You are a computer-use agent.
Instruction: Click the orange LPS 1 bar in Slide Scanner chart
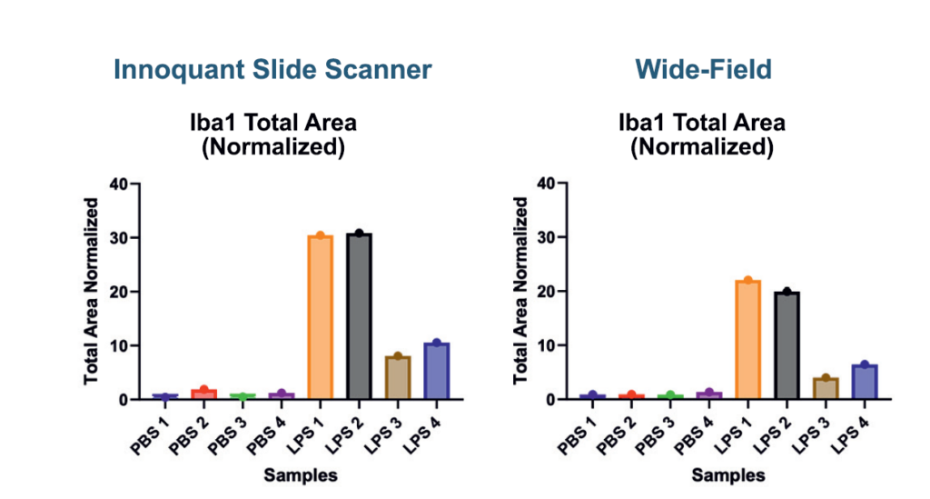321,317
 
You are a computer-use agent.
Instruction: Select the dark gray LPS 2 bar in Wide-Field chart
787,345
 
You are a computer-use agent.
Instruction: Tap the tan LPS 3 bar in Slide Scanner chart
398,377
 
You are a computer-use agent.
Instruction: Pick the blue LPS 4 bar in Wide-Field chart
865,382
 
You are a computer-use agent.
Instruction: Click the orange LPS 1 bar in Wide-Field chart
748,339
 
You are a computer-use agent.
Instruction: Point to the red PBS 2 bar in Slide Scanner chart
204,394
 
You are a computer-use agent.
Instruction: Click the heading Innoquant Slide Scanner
272,69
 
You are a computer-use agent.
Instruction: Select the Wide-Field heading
704,69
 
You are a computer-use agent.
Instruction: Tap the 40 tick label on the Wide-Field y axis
546,184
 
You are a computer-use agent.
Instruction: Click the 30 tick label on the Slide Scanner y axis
119,238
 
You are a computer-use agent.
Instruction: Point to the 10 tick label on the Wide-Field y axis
546,345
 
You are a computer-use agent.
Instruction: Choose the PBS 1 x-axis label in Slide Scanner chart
150,436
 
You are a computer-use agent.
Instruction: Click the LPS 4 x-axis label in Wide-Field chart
850,436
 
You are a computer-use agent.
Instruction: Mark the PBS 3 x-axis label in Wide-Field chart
656,436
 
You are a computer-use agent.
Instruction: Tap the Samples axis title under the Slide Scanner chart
301,475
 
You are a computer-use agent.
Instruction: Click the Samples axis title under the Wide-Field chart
728,475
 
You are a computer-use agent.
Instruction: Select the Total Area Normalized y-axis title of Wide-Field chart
520,291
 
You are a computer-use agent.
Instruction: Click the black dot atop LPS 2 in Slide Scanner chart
359,234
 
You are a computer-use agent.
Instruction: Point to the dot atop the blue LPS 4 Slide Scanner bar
437,343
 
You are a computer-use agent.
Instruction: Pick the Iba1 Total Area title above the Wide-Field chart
702,123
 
